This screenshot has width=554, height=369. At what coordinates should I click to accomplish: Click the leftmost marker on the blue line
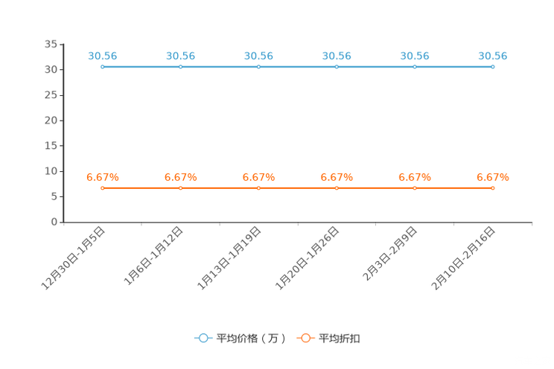102,67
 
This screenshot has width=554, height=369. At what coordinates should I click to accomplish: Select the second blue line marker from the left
180,67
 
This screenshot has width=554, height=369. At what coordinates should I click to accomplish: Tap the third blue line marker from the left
258,67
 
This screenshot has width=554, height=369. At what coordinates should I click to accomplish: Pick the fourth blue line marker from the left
337,67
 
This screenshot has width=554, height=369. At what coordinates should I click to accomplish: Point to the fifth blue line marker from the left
415,67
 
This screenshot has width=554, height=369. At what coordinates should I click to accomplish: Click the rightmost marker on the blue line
493,67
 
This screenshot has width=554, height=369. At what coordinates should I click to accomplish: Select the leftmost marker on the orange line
102,188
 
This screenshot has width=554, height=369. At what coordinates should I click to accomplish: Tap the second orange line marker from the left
180,188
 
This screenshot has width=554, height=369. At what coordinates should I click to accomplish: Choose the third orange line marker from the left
258,188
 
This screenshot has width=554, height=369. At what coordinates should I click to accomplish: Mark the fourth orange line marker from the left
337,188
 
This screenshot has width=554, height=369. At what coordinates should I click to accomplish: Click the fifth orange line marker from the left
415,188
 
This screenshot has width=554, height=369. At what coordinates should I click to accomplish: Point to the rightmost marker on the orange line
493,188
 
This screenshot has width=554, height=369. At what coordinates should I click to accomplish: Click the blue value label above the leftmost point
102,55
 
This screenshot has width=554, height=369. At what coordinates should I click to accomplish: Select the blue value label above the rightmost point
493,55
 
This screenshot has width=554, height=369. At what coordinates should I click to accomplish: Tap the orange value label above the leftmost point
102,176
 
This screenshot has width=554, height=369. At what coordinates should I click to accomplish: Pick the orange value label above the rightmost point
493,176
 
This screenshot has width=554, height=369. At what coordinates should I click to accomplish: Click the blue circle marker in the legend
203,338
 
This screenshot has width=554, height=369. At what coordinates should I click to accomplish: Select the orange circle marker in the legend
305,338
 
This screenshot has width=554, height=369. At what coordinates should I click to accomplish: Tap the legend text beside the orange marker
340,338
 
